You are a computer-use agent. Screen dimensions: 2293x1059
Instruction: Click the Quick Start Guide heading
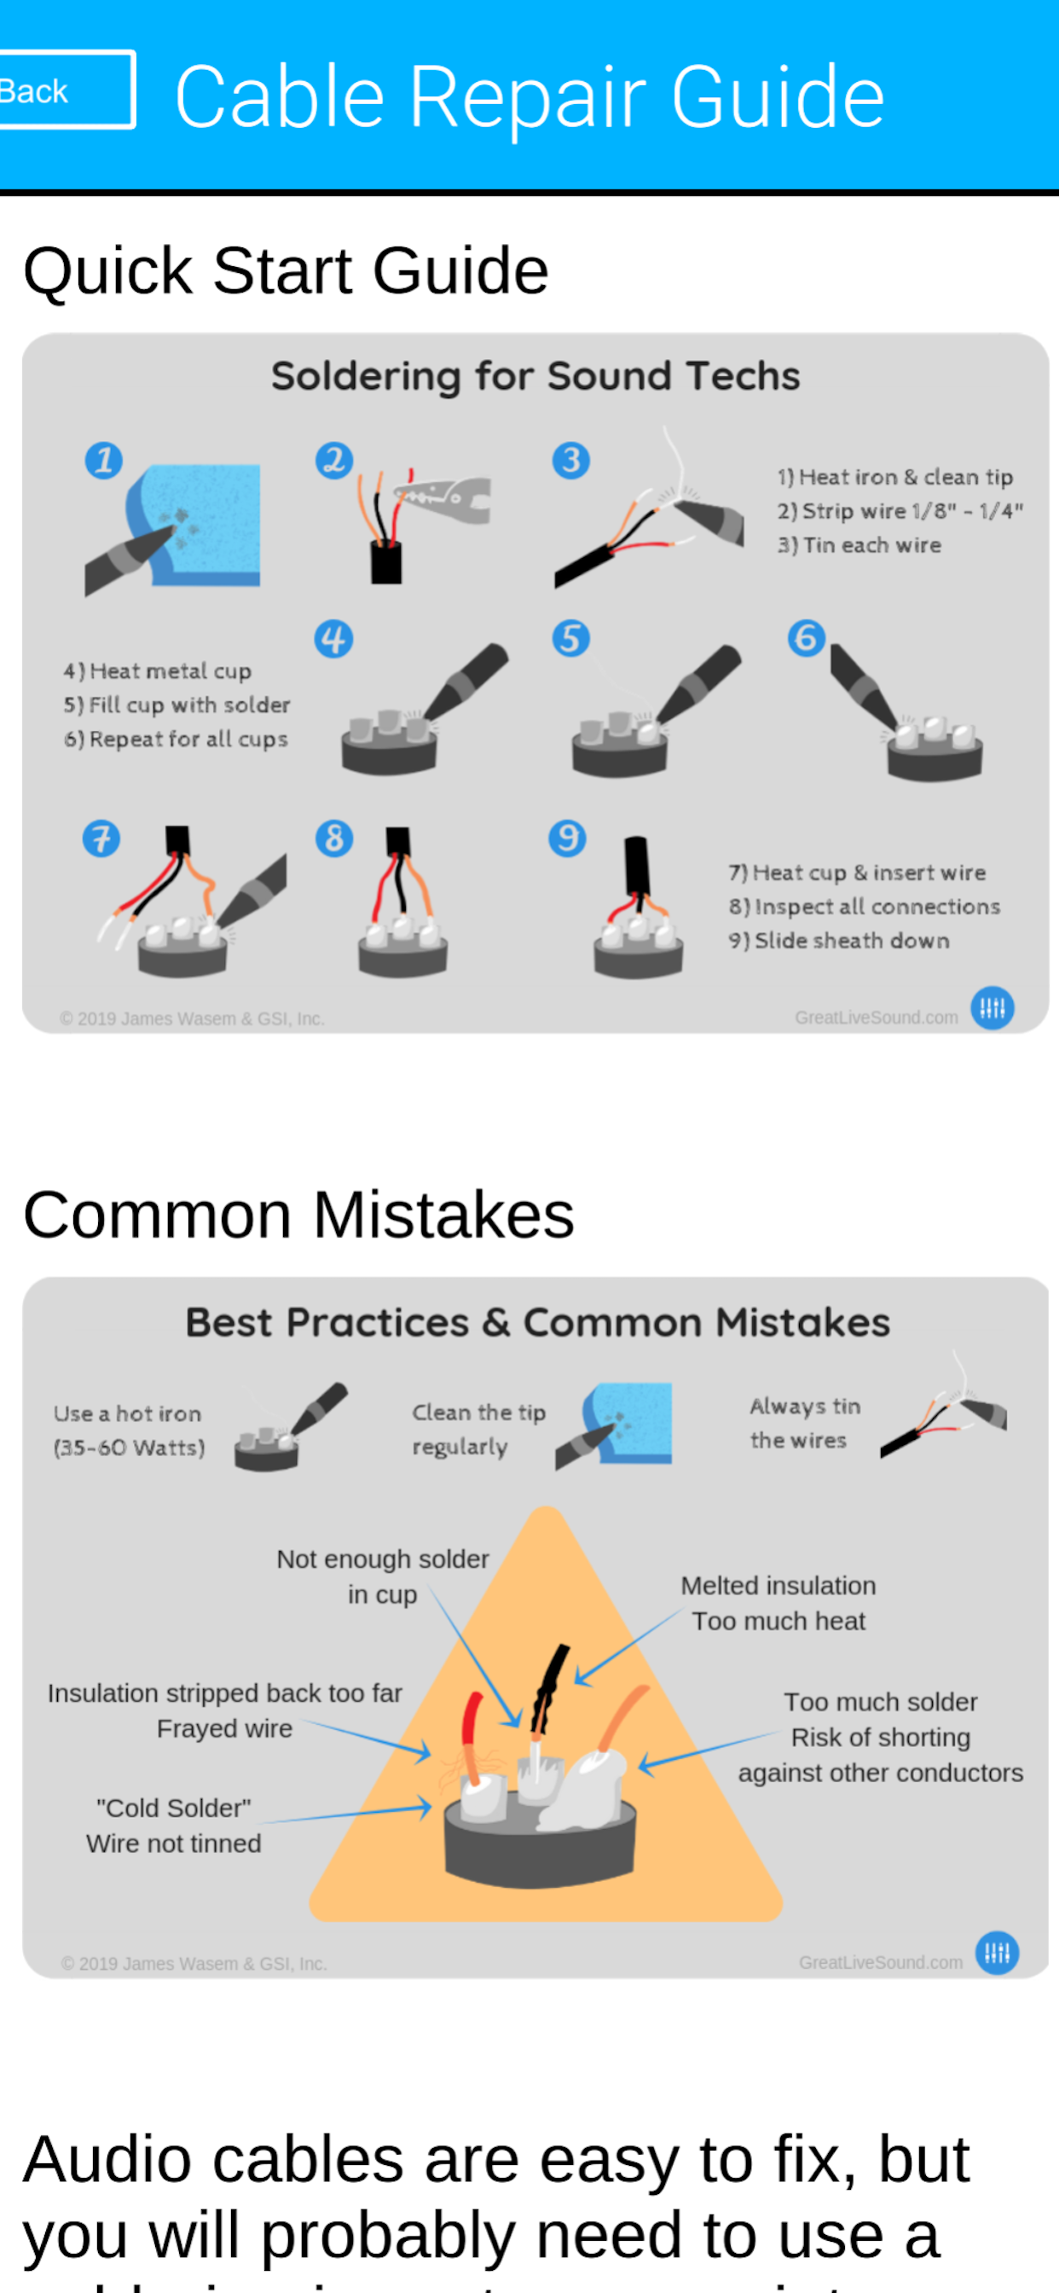tap(285, 270)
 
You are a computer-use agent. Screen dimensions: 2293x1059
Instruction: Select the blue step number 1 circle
tap(103, 460)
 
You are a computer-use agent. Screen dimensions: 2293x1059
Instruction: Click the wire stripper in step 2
tap(445, 496)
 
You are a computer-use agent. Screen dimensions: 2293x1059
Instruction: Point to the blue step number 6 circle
tap(807, 638)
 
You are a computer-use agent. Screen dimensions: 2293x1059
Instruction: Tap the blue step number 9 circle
tap(567, 838)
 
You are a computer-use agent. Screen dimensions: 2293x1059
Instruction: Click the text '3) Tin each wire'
tap(859, 545)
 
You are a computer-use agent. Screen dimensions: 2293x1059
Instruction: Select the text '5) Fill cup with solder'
tap(177, 705)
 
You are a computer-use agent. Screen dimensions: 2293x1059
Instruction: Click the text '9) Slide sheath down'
tap(838, 940)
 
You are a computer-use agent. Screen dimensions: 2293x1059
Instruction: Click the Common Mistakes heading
tap(298, 1215)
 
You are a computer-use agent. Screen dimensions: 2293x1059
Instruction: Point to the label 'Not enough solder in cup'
tap(382, 1576)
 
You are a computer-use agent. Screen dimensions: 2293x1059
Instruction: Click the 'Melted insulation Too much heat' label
tap(778, 1602)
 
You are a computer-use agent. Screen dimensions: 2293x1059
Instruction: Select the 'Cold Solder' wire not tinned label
tap(174, 1825)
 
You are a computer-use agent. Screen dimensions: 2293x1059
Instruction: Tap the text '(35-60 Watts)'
tap(129, 1448)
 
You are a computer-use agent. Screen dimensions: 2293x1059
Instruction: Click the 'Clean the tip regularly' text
tap(477, 1429)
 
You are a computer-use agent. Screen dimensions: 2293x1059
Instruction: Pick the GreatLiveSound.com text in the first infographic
tap(876, 1018)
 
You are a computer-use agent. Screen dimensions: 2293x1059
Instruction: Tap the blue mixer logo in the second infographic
tap(997, 1953)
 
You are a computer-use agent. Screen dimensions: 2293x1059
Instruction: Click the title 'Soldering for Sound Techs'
tap(535, 375)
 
